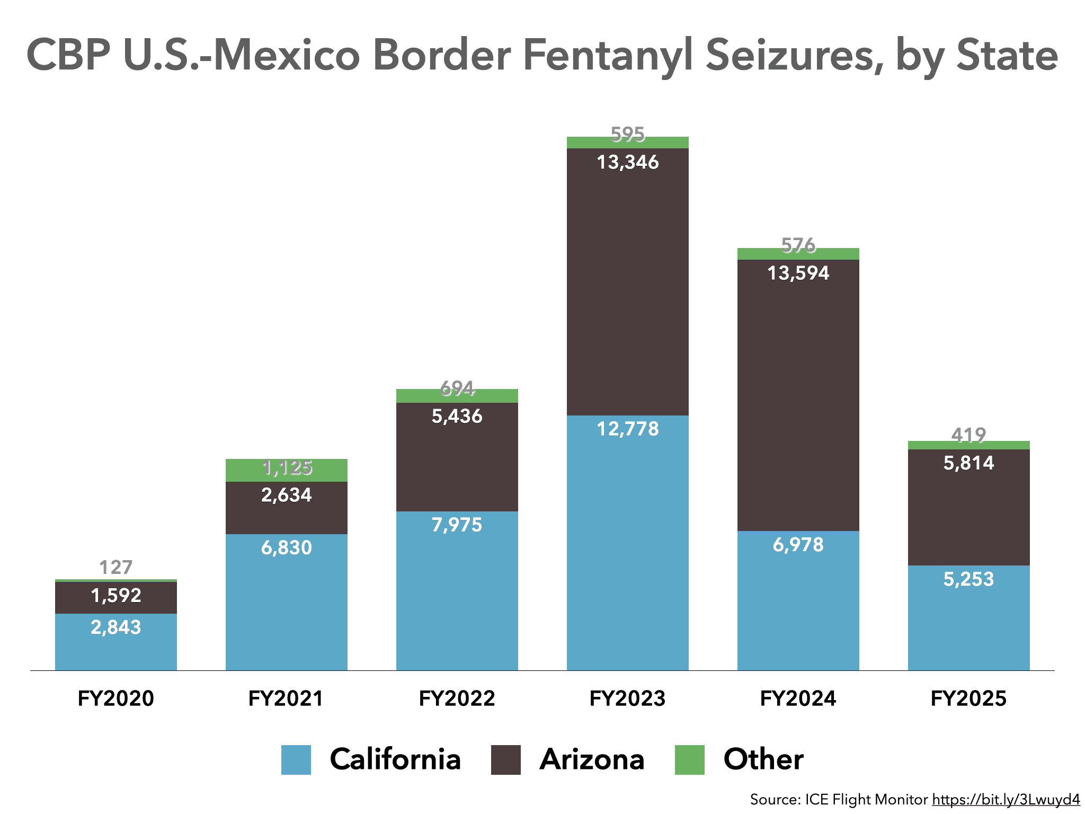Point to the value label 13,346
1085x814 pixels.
[x=627, y=162]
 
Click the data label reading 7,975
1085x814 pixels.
[x=457, y=525]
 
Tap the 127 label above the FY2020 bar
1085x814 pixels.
[x=115, y=568]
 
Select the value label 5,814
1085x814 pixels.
[x=968, y=463]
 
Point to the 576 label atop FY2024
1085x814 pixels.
[x=798, y=245]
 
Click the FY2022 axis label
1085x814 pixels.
[x=457, y=698]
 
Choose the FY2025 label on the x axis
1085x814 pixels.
[x=968, y=698]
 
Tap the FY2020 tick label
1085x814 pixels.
[x=115, y=698]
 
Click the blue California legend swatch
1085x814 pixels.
[x=296, y=759]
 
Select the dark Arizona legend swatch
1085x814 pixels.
[x=505, y=759]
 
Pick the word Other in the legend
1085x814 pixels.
[x=763, y=759]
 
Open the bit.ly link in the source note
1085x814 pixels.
[x=1006, y=799]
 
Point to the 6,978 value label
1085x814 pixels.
[x=798, y=544]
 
